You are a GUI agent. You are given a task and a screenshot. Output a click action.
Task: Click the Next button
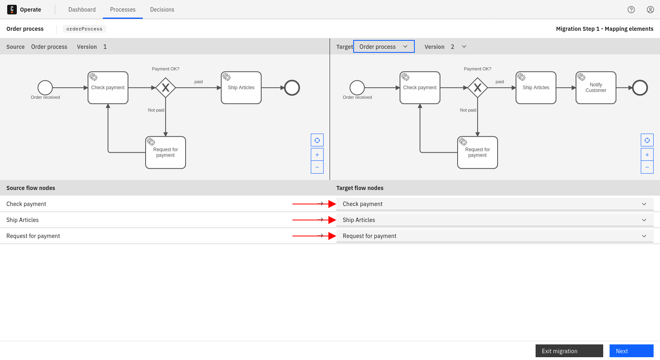coord(631,351)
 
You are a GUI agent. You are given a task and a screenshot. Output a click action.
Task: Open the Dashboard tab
coord(82,10)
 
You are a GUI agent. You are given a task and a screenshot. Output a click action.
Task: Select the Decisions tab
coord(162,10)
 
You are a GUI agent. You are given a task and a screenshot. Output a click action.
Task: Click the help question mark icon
coord(631,10)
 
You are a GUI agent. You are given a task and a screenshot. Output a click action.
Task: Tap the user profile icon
coord(650,10)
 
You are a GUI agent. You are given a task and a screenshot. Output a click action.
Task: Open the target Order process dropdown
coord(384,46)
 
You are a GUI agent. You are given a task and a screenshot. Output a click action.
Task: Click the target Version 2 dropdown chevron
coord(464,46)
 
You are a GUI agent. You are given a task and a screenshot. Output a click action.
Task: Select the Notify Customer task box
coord(596,88)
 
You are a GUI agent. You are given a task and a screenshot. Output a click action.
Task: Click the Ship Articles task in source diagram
coord(241,88)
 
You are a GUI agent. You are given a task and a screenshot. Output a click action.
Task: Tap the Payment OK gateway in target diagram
coord(478,88)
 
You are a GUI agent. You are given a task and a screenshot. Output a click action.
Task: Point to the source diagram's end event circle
coord(292,88)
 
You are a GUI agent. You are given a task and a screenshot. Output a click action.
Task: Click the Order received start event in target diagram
coord(357,88)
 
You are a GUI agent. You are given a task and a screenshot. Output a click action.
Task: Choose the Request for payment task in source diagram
coord(166,152)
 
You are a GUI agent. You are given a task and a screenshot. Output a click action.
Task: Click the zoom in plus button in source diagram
coord(317,154)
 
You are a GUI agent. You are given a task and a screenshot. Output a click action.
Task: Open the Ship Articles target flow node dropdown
coord(495,220)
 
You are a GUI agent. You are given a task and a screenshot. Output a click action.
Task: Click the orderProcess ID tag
coord(84,29)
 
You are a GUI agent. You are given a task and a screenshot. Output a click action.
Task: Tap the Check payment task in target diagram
coord(420,88)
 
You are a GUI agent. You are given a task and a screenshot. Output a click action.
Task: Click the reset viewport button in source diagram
coord(317,140)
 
